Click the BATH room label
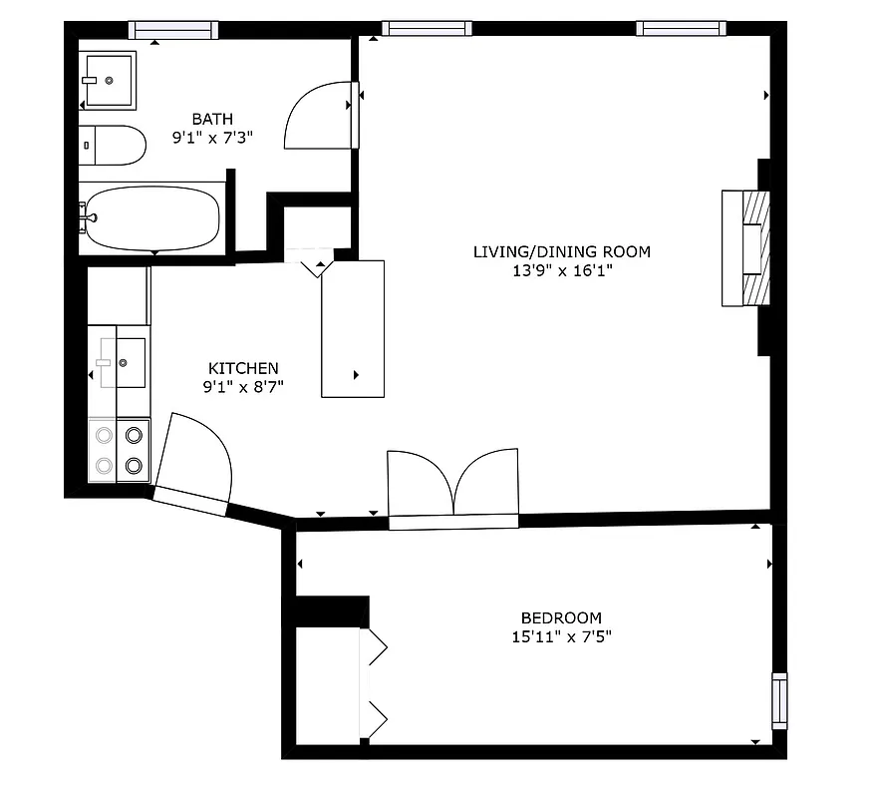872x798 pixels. click(x=212, y=120)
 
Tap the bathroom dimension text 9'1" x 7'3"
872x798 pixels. click(x=212, y=139)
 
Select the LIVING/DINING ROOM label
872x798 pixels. click(x=561, y=251)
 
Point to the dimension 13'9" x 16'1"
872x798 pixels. click(x=561, y=270)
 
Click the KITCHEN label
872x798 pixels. click(x=243, y=368)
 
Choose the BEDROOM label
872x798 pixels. click(x=561, y=617)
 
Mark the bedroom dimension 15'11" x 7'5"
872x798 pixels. click(x=561, y=636)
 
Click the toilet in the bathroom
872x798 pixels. click(x=112, y=146)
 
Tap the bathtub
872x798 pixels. click(x=151, y=217)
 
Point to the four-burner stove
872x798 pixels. click(x=119, y=450)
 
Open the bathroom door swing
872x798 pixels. click(x=317, y=116)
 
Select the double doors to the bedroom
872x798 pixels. click(x=453, y=484)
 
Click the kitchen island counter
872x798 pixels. click(x=352, y=328)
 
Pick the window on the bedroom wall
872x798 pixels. click(x=779, y=700)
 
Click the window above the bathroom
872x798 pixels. click(x=172, y=30)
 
